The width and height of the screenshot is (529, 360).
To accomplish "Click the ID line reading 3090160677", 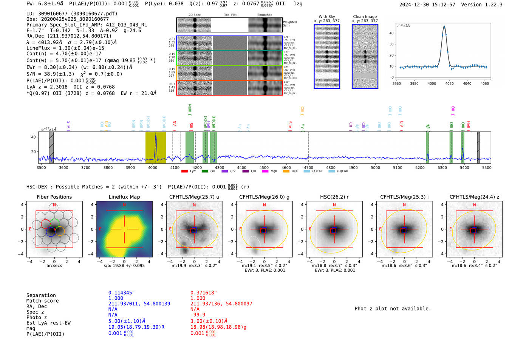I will pos(72,14).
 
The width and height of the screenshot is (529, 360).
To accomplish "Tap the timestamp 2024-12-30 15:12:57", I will pos(427,5).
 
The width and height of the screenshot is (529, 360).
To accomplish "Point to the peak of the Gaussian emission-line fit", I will pos(444,26).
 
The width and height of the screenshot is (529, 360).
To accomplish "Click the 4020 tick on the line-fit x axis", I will pos(449,83).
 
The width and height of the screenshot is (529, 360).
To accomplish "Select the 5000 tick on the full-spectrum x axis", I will pos(375,168).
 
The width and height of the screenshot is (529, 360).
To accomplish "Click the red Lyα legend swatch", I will pos(184,171).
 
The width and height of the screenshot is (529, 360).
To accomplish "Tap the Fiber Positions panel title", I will pos(54,197).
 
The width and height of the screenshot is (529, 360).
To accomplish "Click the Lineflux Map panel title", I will pos(124,197).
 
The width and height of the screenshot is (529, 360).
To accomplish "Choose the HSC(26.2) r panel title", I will pos(334,197).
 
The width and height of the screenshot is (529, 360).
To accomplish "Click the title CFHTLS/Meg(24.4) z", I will pos(474,197).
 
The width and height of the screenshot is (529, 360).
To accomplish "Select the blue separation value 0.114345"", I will pos(121,293).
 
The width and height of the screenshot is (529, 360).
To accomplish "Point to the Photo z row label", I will pos(37,317).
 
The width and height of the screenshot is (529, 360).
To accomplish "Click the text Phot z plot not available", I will pos(393,309).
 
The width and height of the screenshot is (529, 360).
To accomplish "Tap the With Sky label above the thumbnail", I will pos(326,17).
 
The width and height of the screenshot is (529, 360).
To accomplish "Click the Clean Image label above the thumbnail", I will pos(365,17).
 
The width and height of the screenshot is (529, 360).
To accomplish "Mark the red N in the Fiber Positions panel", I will pos(54,205).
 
